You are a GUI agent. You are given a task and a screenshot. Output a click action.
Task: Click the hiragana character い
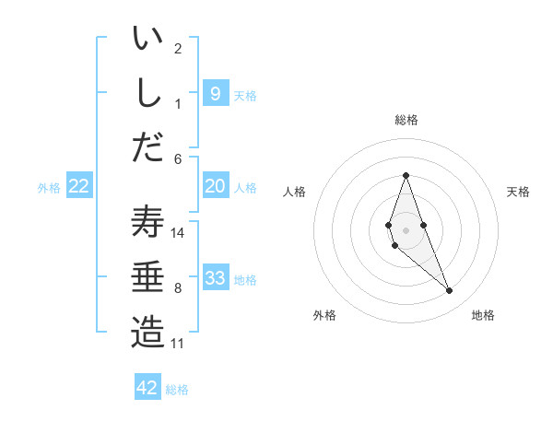pyautogui.click(x=147, y=40)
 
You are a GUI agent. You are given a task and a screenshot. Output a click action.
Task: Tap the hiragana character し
pyautogui.click(x=147, y=93)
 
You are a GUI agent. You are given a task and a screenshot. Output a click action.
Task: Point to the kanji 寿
pyautogui.click(x=147, y=224)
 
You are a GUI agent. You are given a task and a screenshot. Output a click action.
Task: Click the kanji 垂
pyautogui.click(x=147, y=277)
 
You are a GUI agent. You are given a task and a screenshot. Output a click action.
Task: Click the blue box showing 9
pyautogui.click(x=215, y=93)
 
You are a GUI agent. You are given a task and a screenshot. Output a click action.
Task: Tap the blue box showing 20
pyautogui.click(x=215, y=186)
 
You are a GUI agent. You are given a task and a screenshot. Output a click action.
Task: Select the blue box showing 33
pyautogui.click(x=215, y=278)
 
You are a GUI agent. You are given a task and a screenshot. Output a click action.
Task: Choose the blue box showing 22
pyautogui.click(x=79, y=186)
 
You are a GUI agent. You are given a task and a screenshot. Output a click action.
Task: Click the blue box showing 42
pyautogui.click(x=147, y=388)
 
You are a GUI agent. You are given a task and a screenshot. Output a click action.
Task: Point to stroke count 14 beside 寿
pyautogui.click(x=178, y=233)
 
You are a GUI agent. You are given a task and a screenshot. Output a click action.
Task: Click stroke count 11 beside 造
pyautogui.click(x=177, y=344)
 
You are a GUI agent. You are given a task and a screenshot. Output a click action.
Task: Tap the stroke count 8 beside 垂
pyautogui.click(x=178, y=288)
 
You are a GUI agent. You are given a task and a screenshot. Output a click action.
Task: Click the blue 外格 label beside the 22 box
pyautogui.click(x=49, y=188)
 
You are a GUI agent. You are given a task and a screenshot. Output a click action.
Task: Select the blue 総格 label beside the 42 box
pyautogui.click(x=177, y=390)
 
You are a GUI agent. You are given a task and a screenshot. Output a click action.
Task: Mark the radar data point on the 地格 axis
pyautogui.click(x=450, y=291)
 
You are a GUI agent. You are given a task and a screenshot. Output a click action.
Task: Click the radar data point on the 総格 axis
pyautogui.click(x=406, y=175)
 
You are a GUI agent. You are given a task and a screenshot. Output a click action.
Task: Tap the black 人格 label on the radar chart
pyautogui.click(x=294, y=192)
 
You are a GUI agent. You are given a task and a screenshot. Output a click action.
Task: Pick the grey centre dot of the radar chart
pyautogui.click(x=406, y=228)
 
